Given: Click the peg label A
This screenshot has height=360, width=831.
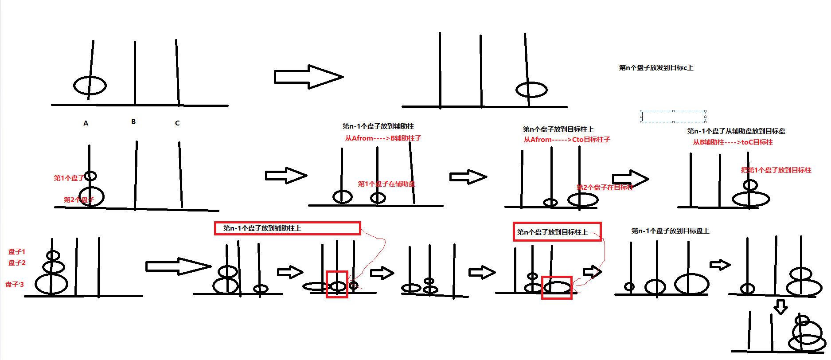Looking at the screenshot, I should pyautogui.click(x=86, y=123).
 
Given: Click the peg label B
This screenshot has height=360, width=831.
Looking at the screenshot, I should pyautogui.click(x=133, y=122).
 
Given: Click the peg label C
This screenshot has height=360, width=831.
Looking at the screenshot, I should pyautogui.click(x=177, y=123).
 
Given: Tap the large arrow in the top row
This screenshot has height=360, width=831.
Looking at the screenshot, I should pyautogui.click(x=308, y=77).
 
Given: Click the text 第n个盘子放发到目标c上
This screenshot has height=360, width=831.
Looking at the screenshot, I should pyautogui.click(x=656, y=68).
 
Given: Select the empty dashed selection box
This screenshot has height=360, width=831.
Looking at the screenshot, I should pyautogui.click(x=673, y=117).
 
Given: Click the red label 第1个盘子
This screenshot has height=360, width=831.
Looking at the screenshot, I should pyautogui.click(x=69, y=178).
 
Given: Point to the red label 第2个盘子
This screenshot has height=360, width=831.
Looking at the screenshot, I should pyautogui.click(x=78, y=200).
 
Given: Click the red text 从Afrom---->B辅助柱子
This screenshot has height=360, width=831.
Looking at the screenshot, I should pyautogui.click(x=383, y=138).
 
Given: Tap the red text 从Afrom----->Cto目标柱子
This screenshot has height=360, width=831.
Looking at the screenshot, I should pyautogui.click(x=567, y=140).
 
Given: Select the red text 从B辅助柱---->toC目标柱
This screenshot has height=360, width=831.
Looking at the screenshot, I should pyautogui.click(x=733, y=142).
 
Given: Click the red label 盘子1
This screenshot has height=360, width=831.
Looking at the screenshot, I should pyautogui.click(x=17, y=252).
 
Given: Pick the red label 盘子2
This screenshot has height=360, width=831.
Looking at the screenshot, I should pyautogui.click(x=17, y=263).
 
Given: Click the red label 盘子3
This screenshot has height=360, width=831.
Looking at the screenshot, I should pyautogui.click(x=15, y=285).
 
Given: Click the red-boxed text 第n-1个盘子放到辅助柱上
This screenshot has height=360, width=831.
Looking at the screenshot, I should pyautogui.click(x=262, y=228).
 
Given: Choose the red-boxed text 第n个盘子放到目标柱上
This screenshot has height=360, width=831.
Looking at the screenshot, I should pyautogui.click(x=552, y=232).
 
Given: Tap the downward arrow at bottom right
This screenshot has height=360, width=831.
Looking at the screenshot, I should pyautogui.click(x=780, y=306).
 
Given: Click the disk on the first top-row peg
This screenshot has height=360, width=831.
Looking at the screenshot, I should pyautogui.click(x=90, y=86).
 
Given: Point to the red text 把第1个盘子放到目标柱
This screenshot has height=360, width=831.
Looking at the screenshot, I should pyautogui.click(x=776, y=170).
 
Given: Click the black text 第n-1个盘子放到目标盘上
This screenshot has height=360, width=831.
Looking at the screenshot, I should pyautogui.click(x=670, y=231).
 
